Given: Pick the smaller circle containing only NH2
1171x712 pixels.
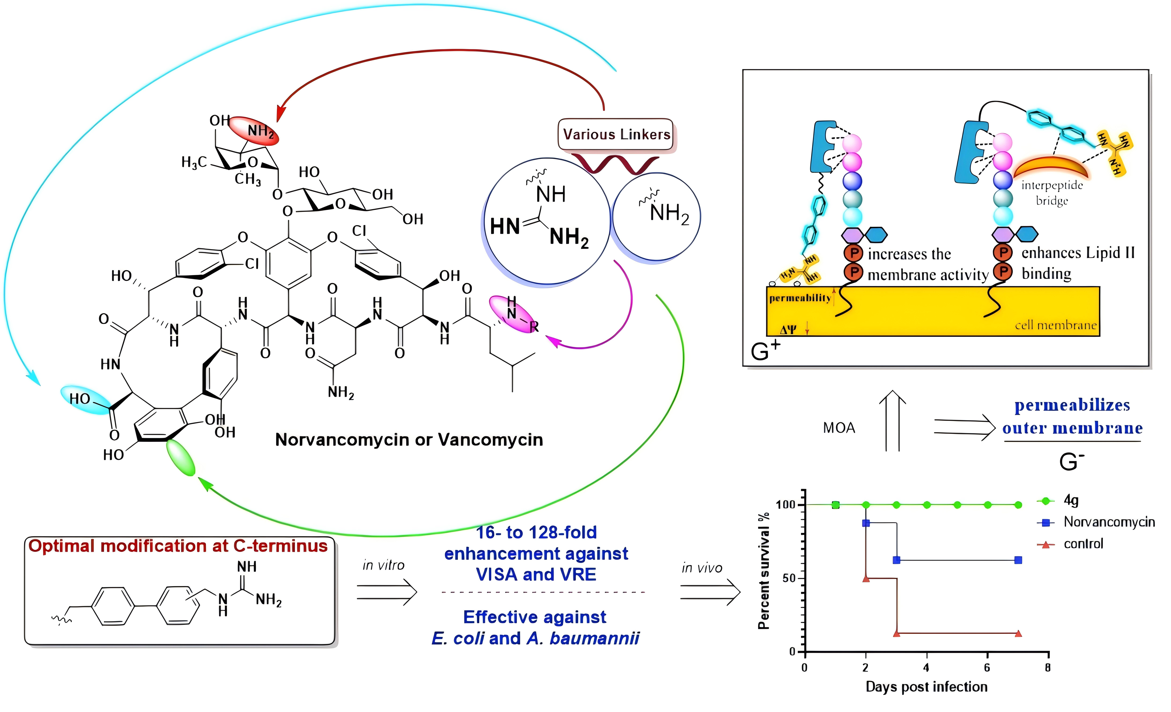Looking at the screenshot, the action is (656, 216).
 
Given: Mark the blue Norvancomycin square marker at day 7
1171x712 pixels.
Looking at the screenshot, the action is (1018, 560).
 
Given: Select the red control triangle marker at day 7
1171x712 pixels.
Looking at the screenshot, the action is (1018, 633).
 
